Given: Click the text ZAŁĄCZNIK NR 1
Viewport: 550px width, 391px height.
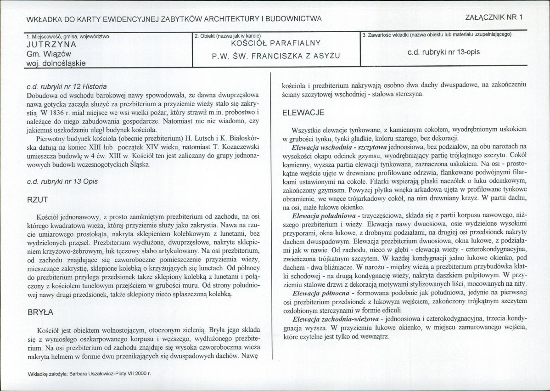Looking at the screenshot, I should (x=494, y=18).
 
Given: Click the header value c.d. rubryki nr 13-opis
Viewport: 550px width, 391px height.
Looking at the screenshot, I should (x=443, y=52).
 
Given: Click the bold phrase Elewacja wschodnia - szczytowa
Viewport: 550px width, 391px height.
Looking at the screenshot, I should (x=339, y=147).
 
